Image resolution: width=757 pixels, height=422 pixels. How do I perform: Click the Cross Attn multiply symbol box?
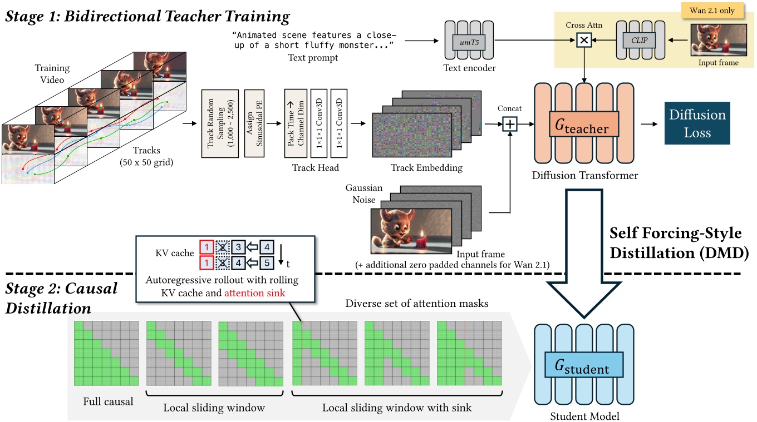pos(584,41)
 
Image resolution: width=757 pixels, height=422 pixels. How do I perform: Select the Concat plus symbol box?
pos(510,124)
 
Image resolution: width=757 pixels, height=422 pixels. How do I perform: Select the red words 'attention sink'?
pos(255,292)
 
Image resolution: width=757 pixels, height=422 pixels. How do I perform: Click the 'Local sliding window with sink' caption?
pos(396,408)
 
